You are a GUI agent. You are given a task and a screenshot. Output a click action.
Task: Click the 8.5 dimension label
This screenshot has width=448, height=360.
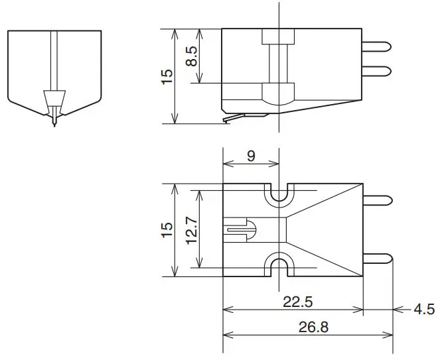coord(191,56)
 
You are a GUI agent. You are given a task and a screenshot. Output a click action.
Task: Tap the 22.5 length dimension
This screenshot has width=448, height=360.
coord(298,302)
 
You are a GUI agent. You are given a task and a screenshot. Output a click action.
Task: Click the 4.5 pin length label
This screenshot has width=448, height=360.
coord(425,309)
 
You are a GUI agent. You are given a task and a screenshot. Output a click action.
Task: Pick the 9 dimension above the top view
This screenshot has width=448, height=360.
coord(251,156)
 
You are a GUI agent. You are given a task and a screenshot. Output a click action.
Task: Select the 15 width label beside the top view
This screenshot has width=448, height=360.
coord(167,230)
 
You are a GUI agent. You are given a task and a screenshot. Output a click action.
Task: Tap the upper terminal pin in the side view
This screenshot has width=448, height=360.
coord(378,46)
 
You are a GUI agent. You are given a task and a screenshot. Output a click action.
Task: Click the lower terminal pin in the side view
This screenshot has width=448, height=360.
coord(378,70)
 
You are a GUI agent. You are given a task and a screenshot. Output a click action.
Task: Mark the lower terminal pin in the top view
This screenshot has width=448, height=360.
coord(378,259)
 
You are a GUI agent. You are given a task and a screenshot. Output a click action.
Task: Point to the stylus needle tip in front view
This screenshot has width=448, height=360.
coord(54,124)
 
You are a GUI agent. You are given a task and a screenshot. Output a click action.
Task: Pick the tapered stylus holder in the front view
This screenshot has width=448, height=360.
coord(54,102)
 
